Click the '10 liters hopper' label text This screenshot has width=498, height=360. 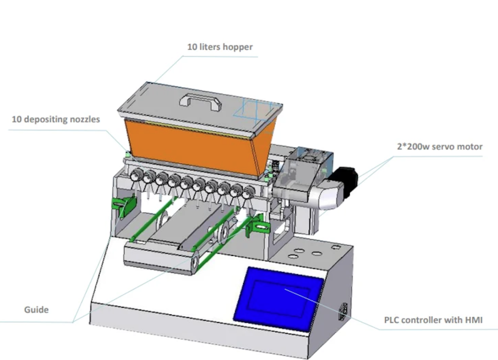(220, 47)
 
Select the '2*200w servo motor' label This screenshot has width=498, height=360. (440, 146)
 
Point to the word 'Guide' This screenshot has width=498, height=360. (36, 309)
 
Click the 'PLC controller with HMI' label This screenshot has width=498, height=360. (433, 320)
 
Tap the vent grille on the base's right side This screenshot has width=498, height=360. (343, 312)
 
